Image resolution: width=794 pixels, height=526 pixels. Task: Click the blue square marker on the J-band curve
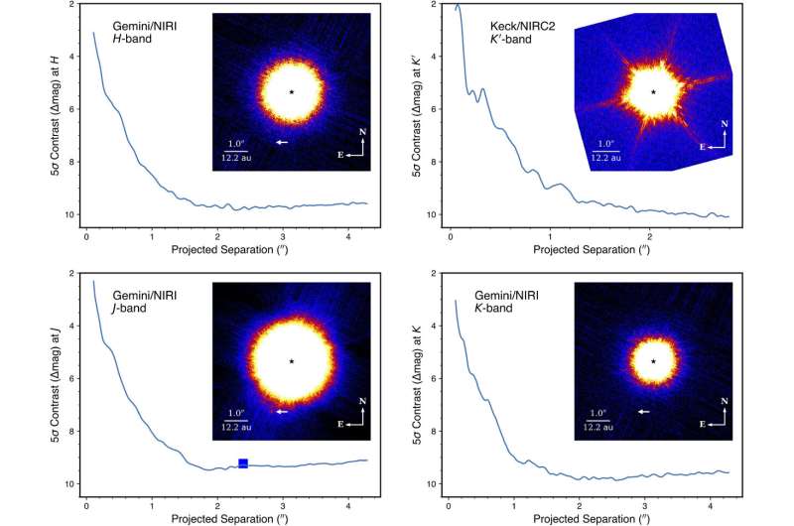pos(243,463)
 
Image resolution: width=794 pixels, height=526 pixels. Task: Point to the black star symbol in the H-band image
pos(292,92)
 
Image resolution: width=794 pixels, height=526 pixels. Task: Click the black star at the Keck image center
pos(653,92)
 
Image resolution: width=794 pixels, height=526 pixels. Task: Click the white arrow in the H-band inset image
pos(283,142)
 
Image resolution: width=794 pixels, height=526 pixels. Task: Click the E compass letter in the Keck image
pos(704,146)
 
